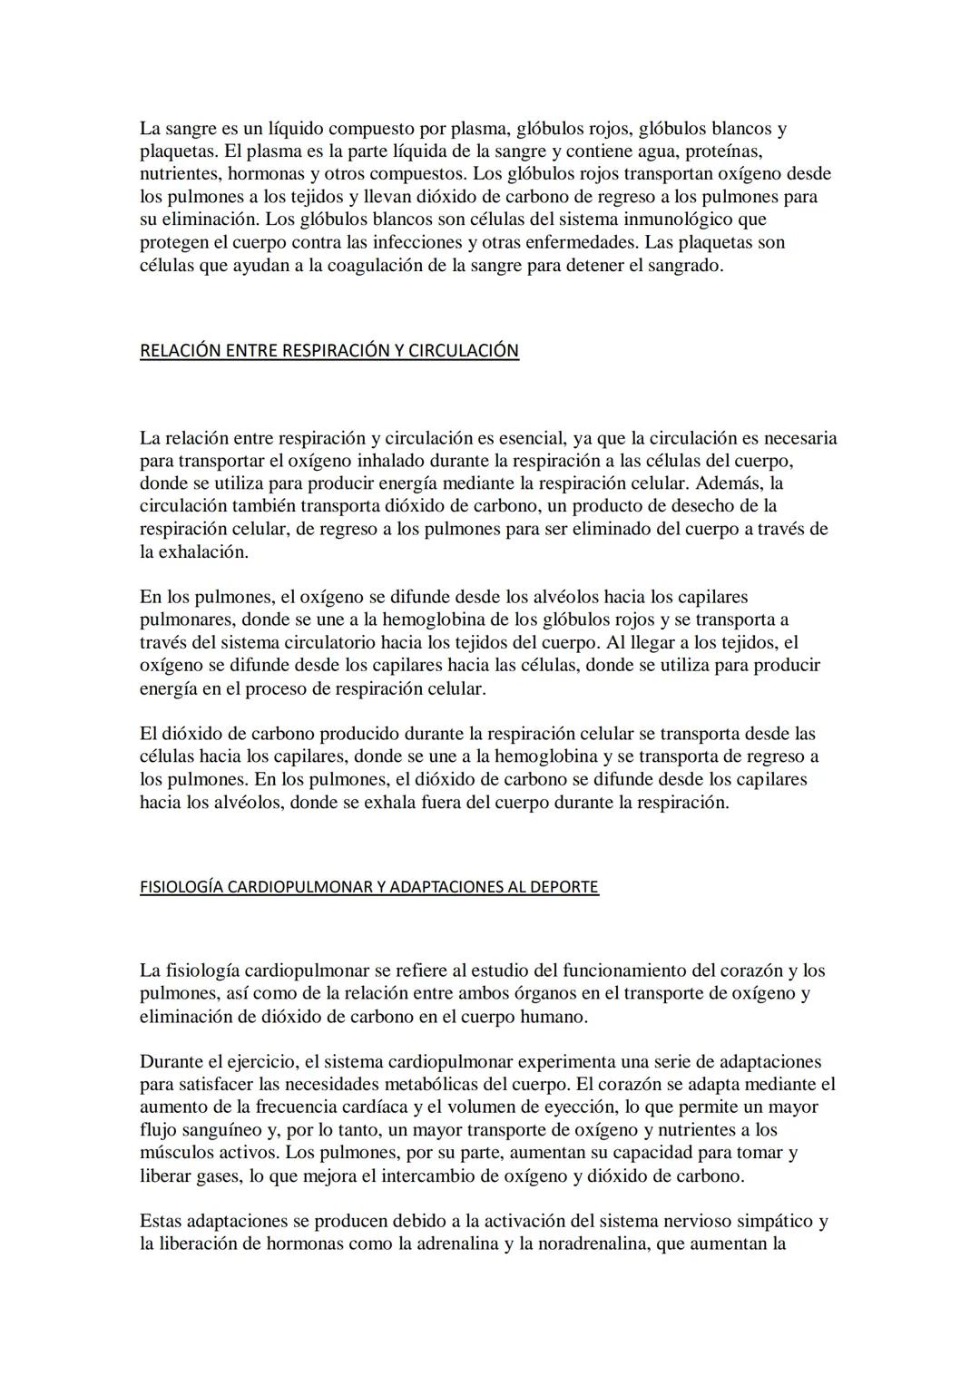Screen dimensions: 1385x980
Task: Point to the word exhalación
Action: point(203,551)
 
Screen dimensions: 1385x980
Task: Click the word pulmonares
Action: point(183,619)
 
